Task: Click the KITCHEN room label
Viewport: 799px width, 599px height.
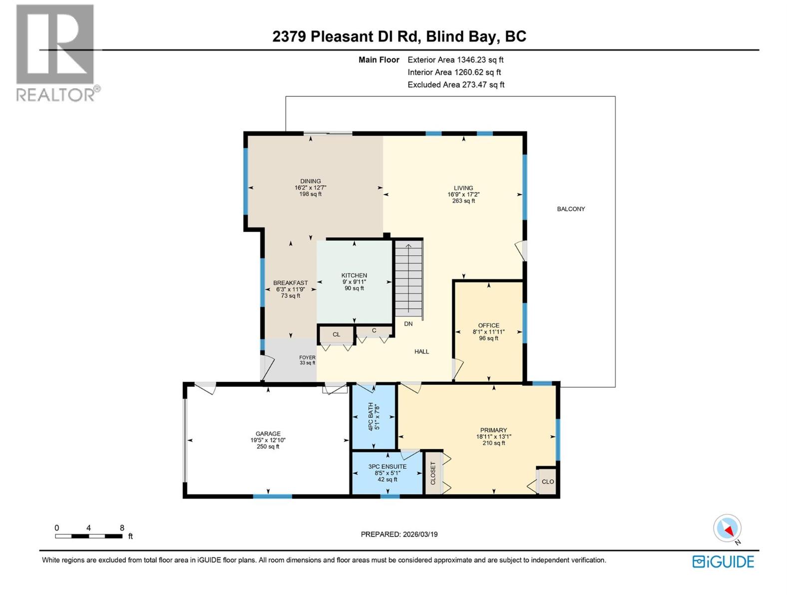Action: click(x=354, y=276)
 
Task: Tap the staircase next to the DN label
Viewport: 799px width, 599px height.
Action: click(x=408, y=280)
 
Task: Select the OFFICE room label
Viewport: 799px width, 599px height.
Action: click(x=488, y=325)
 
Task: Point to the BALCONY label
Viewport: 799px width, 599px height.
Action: click(x=571, y=209)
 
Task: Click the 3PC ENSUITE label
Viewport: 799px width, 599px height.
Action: click(x=388, y=467)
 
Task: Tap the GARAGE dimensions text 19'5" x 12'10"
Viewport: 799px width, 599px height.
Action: click(x=268, y=440)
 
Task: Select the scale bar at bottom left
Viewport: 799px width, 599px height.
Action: click(x=89, y=536)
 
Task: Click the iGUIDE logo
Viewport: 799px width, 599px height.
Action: click(x=723, y=562)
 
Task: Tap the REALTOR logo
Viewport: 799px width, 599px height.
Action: click(x=55, y=52)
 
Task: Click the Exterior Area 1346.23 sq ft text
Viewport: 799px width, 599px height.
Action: click(x=455, y=60)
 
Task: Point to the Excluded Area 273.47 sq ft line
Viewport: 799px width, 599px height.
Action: click(x=456, y=85)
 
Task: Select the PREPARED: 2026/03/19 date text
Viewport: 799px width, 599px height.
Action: click(x=399, y=534)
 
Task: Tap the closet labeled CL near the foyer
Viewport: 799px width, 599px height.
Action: click(x=336, y=334)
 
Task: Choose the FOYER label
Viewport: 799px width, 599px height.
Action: click(x=307, y=357)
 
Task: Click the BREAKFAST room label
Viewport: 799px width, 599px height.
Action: click(x=291, y=283)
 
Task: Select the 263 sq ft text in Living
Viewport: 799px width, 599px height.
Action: click(x=463, y=201)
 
